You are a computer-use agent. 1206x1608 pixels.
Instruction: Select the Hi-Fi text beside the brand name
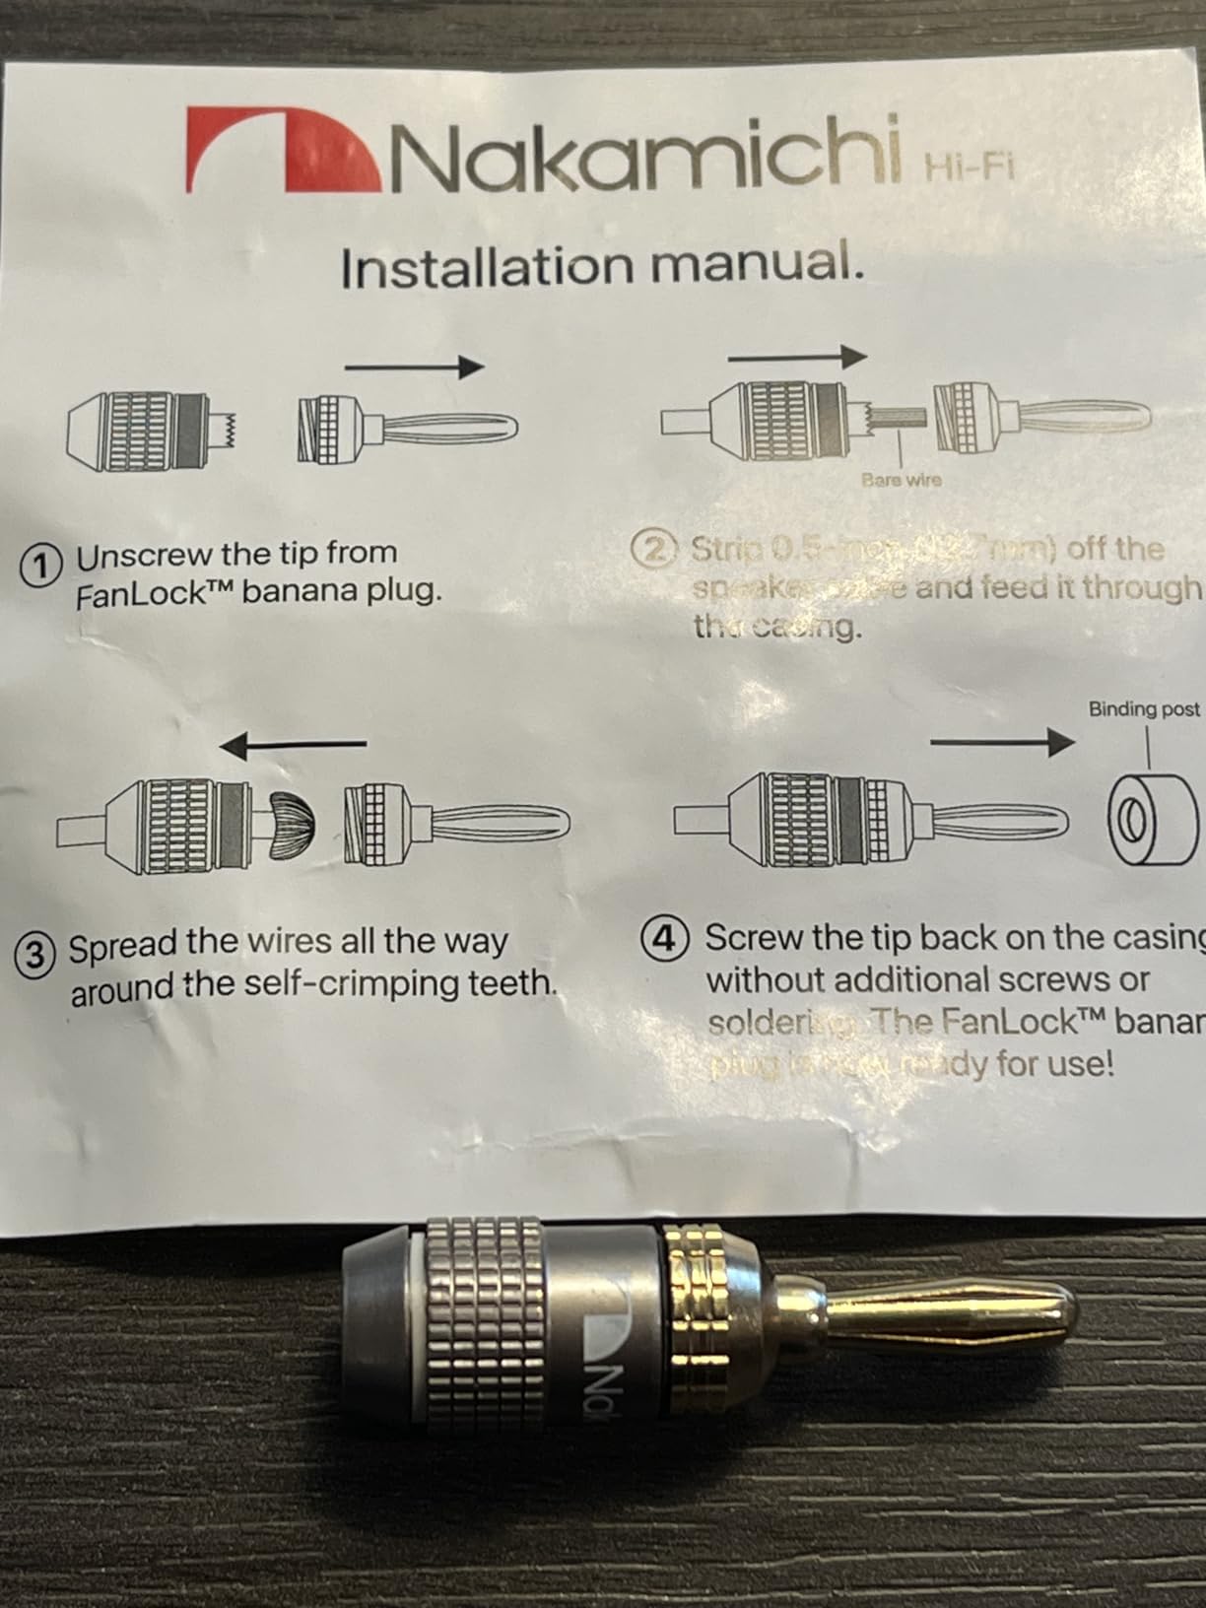(x=968, y=168)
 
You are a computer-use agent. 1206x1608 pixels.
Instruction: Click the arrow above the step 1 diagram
(x=414, y=368)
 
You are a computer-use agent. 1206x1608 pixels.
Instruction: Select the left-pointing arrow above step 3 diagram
(x=293, y=745)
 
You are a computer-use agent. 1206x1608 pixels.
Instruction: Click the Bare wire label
(x=901, y=480)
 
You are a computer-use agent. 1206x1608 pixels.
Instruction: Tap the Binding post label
(x=1144, y=708)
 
